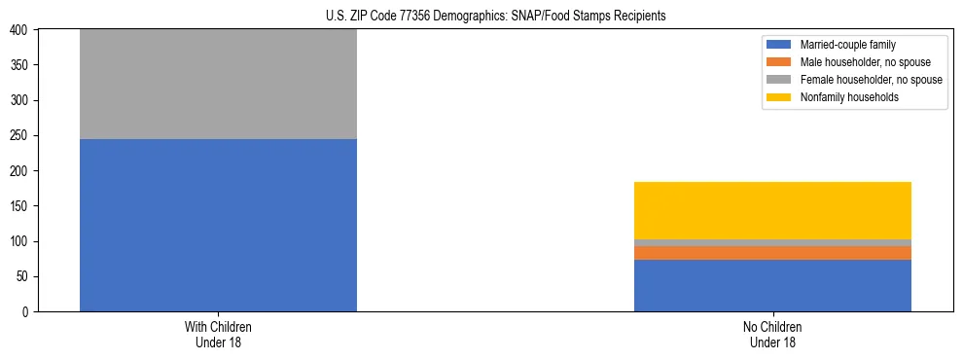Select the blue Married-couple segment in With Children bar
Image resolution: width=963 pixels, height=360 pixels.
tap(218, 225)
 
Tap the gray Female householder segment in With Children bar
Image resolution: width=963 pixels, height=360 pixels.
tap(218, 84)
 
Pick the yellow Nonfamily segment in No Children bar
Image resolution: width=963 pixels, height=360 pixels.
tap(772, 210)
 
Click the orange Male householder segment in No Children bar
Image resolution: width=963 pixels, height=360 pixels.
tap(772, 253)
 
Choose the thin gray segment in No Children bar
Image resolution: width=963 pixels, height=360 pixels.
tap(772, 242)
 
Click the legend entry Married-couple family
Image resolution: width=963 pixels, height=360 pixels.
tap(845, 45)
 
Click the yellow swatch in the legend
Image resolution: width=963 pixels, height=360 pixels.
tap(779, 97)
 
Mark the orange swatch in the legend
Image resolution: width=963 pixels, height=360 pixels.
tap(779, 62)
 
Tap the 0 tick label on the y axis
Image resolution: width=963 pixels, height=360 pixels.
tap(27, 311)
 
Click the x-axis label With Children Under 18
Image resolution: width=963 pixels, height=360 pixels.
tap(218, 334)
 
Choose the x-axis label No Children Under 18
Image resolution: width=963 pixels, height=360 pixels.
tap(772, 334)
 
